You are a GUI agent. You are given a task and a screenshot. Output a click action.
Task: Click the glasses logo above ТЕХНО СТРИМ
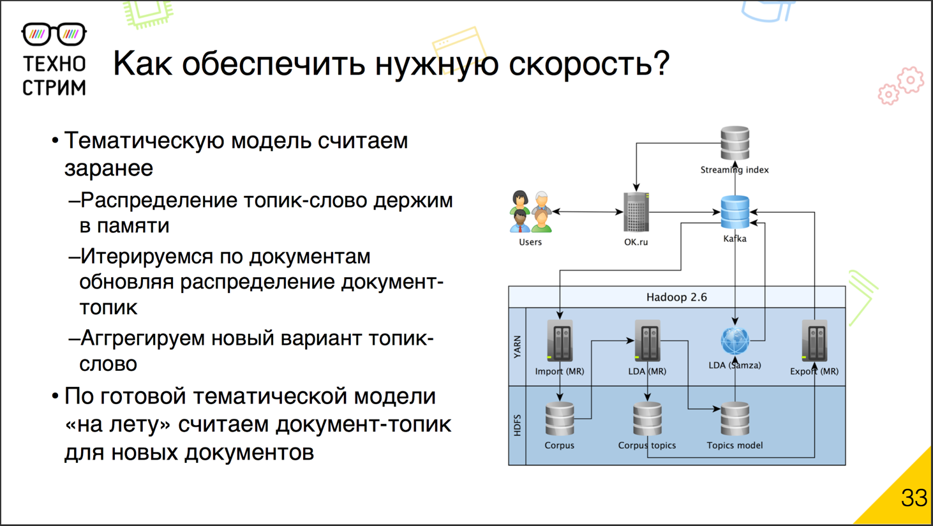click(54, 34)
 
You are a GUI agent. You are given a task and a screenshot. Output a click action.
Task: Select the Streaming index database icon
click(735, 143)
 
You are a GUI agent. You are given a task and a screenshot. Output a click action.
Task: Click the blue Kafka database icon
click(735, 212)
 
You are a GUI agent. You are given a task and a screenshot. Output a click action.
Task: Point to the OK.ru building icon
click(636, 213)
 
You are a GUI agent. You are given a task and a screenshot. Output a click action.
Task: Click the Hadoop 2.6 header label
click(676, 297)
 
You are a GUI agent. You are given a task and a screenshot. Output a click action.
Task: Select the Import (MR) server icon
click(560, 342)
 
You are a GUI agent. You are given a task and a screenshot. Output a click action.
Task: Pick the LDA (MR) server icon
click(647, 342)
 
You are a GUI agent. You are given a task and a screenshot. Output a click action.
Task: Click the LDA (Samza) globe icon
click(735, 341)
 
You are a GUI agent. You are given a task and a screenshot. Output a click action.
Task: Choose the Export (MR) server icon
click(814, 342)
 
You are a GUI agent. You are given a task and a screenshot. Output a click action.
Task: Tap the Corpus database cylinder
click(560, 419)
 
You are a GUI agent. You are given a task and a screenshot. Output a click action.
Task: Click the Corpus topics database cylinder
click(647, 419)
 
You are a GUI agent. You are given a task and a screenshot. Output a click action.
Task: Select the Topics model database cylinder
click(735, 419)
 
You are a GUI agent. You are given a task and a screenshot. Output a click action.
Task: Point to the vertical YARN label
click(517, 347)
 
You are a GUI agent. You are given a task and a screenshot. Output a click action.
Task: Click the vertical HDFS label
click(517, 425)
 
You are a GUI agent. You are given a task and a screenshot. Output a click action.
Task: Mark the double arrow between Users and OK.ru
click(587, 211)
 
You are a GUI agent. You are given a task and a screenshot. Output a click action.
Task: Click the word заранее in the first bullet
click(108, 168)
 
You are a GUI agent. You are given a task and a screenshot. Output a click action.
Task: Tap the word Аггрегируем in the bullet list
click(143, 338)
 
